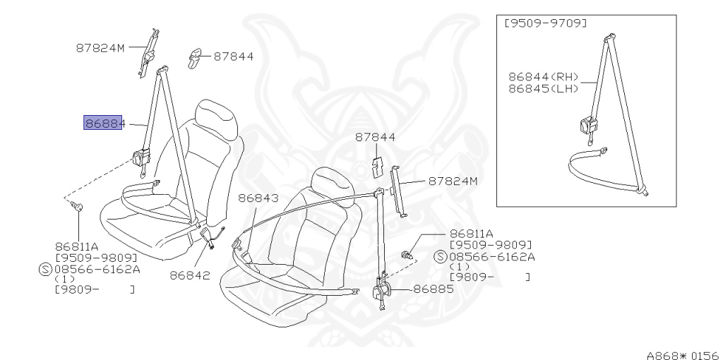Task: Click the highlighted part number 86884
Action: coord(104,124)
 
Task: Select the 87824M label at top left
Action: coord(100,49)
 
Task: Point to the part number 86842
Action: coord(190,275)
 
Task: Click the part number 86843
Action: coord(258,199)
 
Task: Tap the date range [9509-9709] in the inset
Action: coord(545,23)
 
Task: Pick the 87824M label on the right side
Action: coord(453,181)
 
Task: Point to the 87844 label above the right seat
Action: coord(375,138)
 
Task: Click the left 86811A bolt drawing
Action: coord(78,207)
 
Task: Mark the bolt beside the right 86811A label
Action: coord(408,253)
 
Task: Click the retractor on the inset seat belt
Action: coord(587,126)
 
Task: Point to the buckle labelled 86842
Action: coord(209,236)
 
